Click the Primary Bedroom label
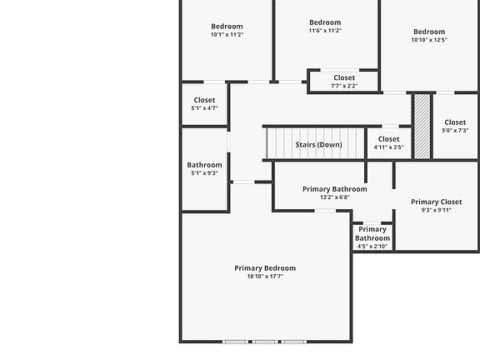point(265,268)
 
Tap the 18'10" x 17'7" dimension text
point(265,277)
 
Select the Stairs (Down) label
point(318,144)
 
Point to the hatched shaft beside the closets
point(422,126)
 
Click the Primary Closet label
point(436,202)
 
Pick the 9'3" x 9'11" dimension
point(436,210)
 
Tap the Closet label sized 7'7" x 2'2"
point(344,77)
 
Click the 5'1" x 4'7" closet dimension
point(204,108)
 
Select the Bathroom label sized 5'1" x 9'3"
point(204,165)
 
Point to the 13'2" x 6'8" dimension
point(335,197)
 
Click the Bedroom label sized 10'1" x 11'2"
point(227,27)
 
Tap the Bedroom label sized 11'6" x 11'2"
point(325,22)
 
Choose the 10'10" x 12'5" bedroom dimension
point(429,40)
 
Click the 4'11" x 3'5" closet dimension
point(389,147)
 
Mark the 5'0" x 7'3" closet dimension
point(455,130)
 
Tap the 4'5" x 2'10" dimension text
point(372,247)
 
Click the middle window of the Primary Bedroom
point(265,342)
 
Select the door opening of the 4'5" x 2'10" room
point(372,222)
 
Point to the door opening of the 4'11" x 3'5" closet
point(390,126)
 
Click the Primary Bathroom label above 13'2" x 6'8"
point(335,189)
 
